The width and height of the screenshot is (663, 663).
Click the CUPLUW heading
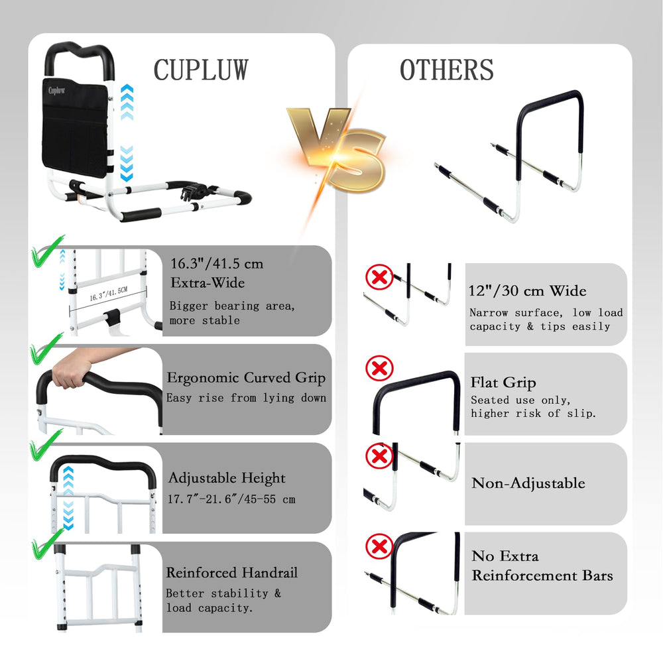click(201, 70)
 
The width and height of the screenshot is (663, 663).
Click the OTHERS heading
click(446, 70)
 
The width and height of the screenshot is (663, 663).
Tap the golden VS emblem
click(337, 149)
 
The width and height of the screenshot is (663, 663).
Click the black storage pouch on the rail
click(76, 127)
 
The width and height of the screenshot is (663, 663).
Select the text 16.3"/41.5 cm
click(217, 264)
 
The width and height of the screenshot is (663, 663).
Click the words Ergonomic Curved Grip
click(246, 378)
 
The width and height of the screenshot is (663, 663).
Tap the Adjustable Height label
click(227, 478)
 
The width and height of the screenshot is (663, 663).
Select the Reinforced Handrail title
click(231, 573)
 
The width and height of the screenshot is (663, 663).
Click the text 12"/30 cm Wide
click(527, 291)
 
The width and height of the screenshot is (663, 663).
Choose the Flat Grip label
click(503, 383)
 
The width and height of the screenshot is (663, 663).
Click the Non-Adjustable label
click(528, 483)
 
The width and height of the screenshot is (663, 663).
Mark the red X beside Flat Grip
click(379, 368)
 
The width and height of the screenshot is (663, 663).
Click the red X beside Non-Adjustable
click(379, 456)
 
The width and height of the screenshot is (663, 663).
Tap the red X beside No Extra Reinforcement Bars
click(379, 546)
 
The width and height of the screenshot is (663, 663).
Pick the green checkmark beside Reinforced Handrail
click(46, 544)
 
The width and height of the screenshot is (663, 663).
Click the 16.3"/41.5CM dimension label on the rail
click(108, 294)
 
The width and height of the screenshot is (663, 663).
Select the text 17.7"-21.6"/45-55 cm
click(231, 499)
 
